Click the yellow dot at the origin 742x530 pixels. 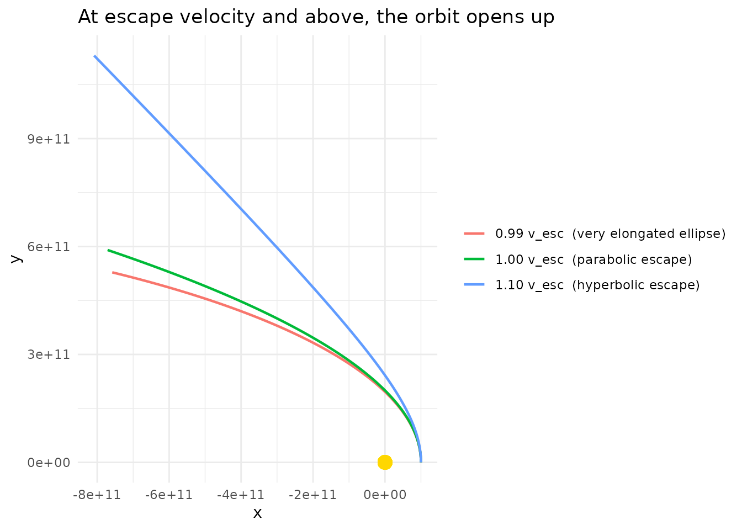point(385,462)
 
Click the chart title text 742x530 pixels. point(316,17)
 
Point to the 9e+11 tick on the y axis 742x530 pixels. point(49,139)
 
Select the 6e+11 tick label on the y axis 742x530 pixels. point(49,246)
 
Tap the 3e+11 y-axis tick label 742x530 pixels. point(49,354)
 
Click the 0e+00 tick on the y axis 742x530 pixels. point(49,462)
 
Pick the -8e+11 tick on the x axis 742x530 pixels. point(97,494)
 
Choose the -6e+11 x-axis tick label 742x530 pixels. point(169,494)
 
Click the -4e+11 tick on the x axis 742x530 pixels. point(241,494)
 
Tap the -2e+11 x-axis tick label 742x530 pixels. point(312,494)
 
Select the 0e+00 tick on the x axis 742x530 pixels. point(385,494)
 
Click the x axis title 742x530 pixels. point(257,513)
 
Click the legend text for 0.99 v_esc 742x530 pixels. point(610,234)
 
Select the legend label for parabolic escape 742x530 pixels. point(593,259)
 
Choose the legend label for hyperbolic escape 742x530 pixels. point(597,285)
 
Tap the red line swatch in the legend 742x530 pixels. point(474,234)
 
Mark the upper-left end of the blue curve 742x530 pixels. point(95,56)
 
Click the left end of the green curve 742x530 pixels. point(108,250)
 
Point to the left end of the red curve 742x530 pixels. point(113,272)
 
